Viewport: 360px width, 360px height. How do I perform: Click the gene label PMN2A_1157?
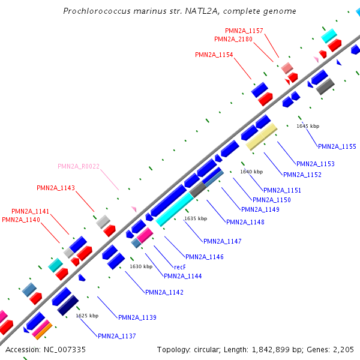244,30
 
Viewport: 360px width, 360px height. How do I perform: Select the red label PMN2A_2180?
233,39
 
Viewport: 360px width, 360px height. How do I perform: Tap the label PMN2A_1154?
214,55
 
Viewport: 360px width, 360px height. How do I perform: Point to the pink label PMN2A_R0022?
79,166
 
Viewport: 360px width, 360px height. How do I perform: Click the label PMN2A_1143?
56,188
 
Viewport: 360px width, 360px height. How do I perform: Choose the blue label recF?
179,267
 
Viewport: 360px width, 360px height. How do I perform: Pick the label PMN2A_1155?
337,146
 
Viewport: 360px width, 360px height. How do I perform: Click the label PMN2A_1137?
117,336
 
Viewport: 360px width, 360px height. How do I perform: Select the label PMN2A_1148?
245,222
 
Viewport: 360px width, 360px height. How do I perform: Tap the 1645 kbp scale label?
308,126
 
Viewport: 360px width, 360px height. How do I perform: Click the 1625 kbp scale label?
87,315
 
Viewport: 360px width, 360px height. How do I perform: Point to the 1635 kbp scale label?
196,218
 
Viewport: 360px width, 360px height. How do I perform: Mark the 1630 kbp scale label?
141,266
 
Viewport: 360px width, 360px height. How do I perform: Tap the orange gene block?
45,329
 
